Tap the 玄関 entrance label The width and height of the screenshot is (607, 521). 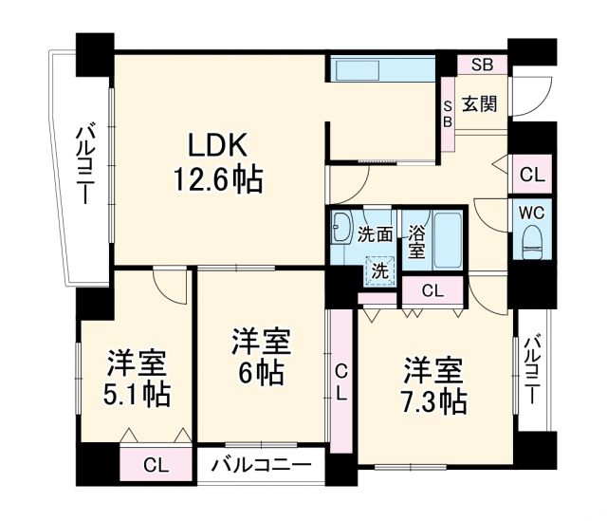coord(480,104)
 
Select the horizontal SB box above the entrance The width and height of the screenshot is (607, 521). coord(482,65)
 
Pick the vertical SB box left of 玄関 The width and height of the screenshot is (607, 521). coord(447,114)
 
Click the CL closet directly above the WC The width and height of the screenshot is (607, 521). coord(531,174)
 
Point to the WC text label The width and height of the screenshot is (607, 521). coord(531,212)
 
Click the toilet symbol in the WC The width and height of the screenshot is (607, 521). coord(531,242)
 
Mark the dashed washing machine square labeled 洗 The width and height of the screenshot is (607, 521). coord(379,270)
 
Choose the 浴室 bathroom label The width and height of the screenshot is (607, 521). coord(415,242)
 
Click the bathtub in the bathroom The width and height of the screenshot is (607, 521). coord(446,244)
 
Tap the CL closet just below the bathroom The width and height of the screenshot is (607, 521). coord(432,291)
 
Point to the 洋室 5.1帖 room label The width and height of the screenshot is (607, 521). coord(138,378)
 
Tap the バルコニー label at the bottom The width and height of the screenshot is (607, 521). coord(261,466)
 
